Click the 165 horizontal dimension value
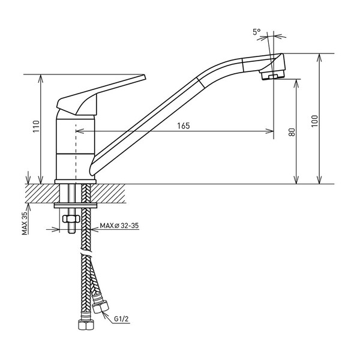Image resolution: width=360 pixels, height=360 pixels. pyautogui.click(x=184, y=126)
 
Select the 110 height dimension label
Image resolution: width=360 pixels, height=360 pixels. pyautogui.click(x=37, y=126)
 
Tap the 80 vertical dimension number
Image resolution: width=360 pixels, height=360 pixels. pyautogui.click(x=292, y=132)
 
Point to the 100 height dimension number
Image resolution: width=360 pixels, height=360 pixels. pyautogui.click(x=314, y=121)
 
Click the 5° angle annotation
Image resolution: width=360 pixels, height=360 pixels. pyautogui.click(x=257, y=32)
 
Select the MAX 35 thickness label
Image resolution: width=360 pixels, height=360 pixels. pyautogui.click(x=25, y=223)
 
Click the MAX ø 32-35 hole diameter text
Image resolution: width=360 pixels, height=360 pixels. pyautogui.click(x=119, y=226)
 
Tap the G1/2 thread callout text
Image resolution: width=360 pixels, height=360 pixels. pyautogui.click(x=121, y=319)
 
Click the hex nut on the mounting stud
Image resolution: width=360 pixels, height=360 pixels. pyautogui.click(x=71, y=218)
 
